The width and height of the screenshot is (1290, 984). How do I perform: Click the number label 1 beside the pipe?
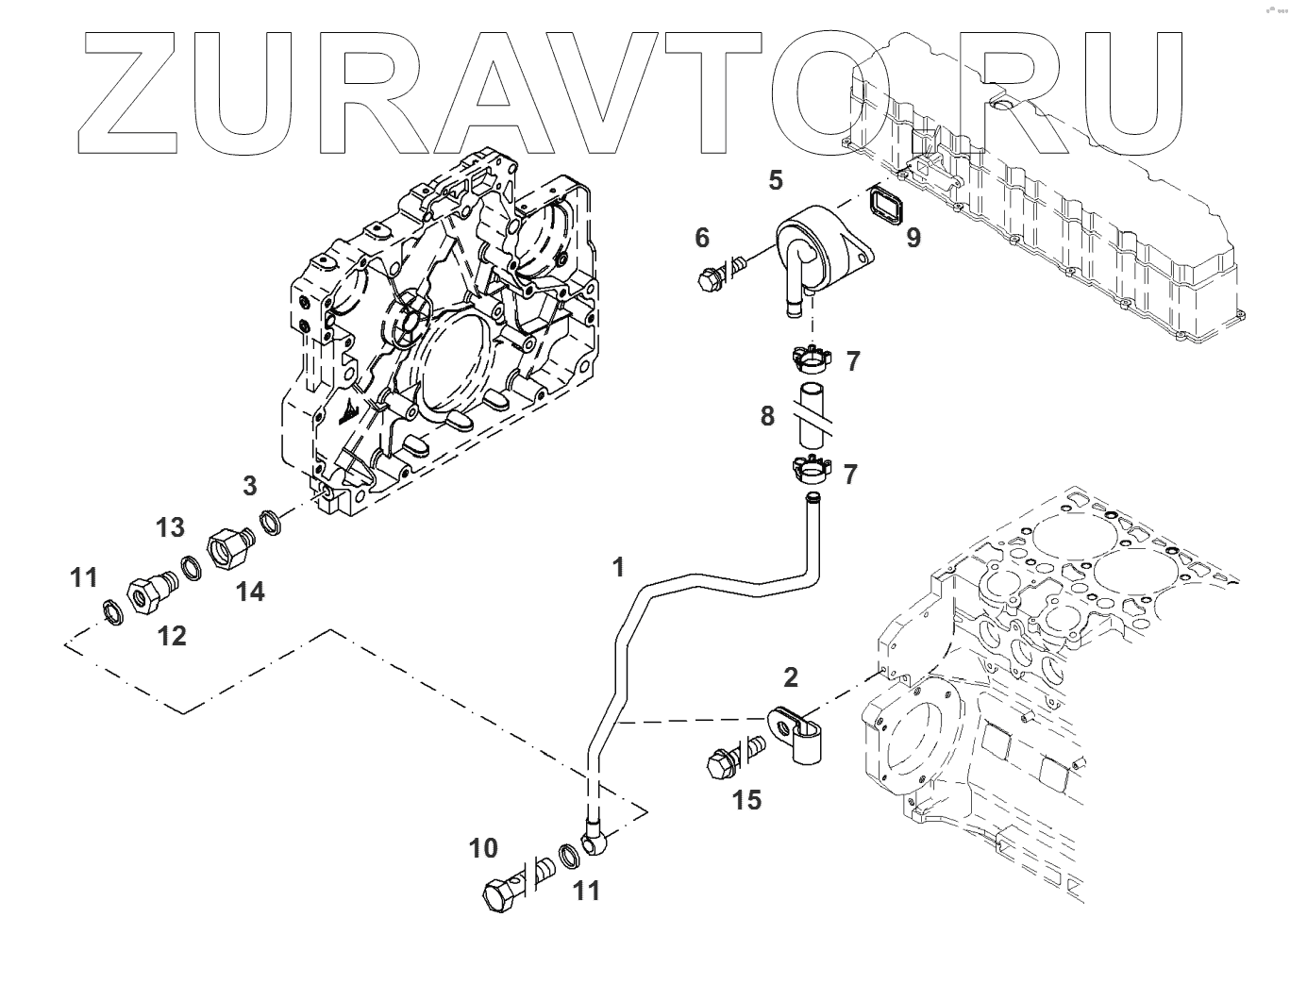point(618,567)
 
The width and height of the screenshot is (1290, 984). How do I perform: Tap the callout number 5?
point(776,180)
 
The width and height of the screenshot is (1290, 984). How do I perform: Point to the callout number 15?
point(746,800)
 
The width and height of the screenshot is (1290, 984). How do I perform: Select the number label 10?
point(484,848)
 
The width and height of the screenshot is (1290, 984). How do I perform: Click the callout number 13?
point(171,527)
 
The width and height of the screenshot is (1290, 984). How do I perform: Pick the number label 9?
point(913,237)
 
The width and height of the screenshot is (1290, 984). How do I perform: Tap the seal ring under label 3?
point(271,521)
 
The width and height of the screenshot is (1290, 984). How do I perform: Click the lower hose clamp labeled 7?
point(809,468)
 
